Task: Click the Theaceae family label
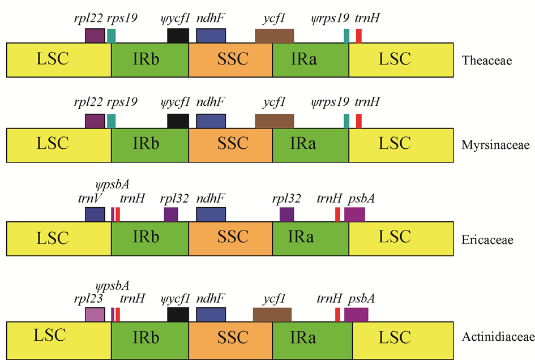point(487,60)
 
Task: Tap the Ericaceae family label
point(487,240)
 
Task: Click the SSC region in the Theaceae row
point(230,60)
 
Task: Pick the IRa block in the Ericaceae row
point(310,239)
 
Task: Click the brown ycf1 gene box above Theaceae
point(274,36)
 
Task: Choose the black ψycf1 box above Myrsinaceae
point(178,121)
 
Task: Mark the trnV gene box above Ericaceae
point(95,214)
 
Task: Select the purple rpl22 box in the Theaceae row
point(95,36)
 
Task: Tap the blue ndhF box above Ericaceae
point(211,214)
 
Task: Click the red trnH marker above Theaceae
point(359,36)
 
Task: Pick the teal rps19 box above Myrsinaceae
point(112,121)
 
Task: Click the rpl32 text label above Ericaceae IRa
point(286,198)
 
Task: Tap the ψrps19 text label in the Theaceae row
point(330,18)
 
